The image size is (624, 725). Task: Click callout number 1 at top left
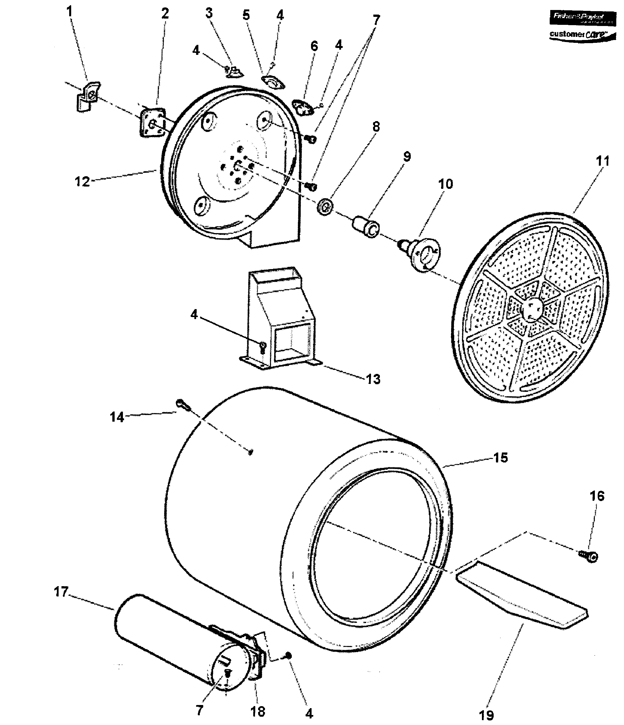[x=69, y=11]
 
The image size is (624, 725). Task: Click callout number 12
[x=82, y=182]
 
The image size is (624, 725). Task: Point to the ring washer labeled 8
[x=325, y=207]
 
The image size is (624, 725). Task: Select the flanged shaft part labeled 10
[x=423, y=255]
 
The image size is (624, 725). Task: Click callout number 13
[x=373, y=379]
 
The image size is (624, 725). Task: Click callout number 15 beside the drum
[x=501, y=458]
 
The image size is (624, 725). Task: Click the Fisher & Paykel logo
[x=582, y=17]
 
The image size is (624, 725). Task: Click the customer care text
[x=582, y=35]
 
